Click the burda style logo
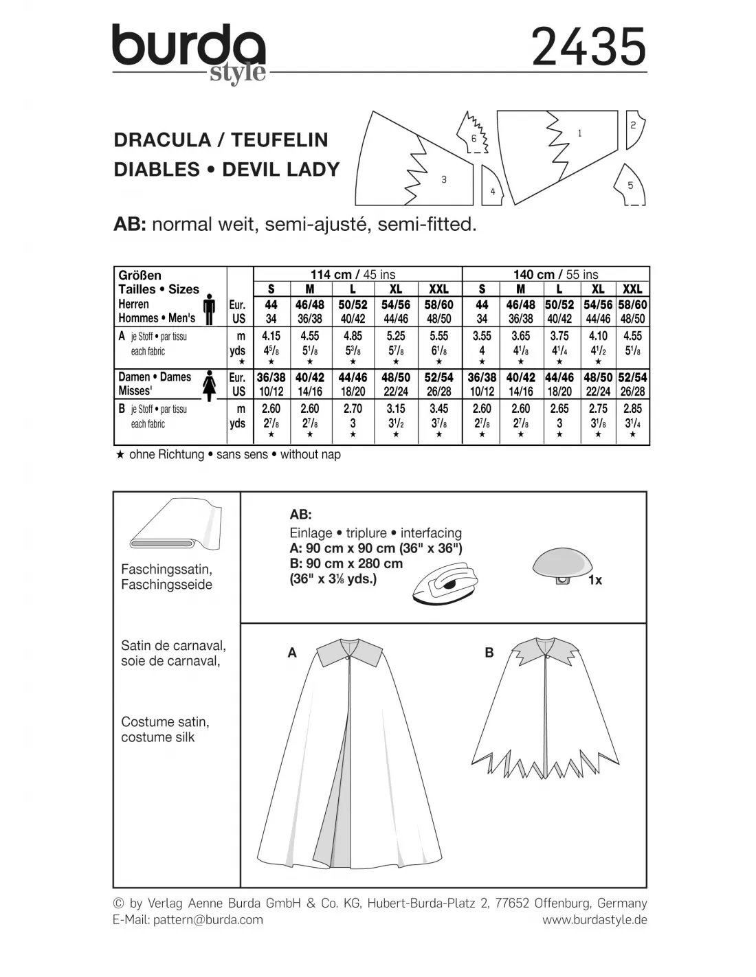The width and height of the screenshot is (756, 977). [189, 54]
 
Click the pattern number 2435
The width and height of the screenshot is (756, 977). [589, 47]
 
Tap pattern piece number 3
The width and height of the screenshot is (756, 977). [426, 168]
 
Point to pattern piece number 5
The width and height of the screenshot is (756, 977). [630, 185]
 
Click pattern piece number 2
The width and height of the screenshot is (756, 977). [633, 128]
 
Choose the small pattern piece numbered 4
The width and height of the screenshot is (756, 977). [492, 185]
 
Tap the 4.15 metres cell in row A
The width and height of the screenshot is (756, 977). [271, 336]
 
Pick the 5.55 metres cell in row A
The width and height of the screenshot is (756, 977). [438, 336]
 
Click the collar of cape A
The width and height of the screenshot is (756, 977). [350, 649]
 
